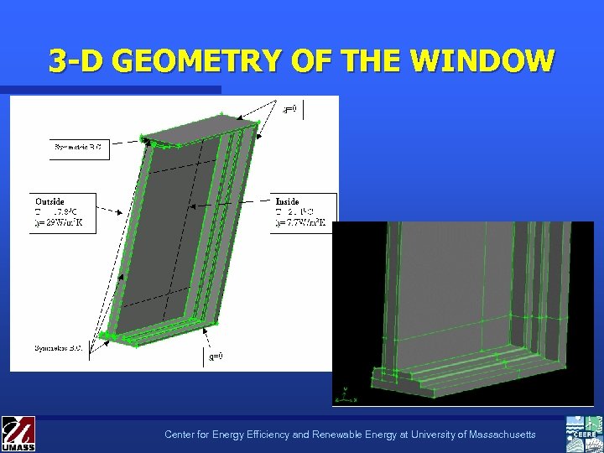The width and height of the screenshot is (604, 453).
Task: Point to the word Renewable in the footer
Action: click(319, 435)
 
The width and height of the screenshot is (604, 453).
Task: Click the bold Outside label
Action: click(49, 201)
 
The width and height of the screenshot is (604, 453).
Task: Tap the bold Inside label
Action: click(288, 201)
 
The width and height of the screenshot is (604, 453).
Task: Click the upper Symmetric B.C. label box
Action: click(78, 149)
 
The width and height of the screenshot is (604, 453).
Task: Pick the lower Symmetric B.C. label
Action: click(58, 347)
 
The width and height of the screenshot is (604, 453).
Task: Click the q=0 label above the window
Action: click(289, 109)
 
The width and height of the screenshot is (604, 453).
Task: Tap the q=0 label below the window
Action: click(216, 356)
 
